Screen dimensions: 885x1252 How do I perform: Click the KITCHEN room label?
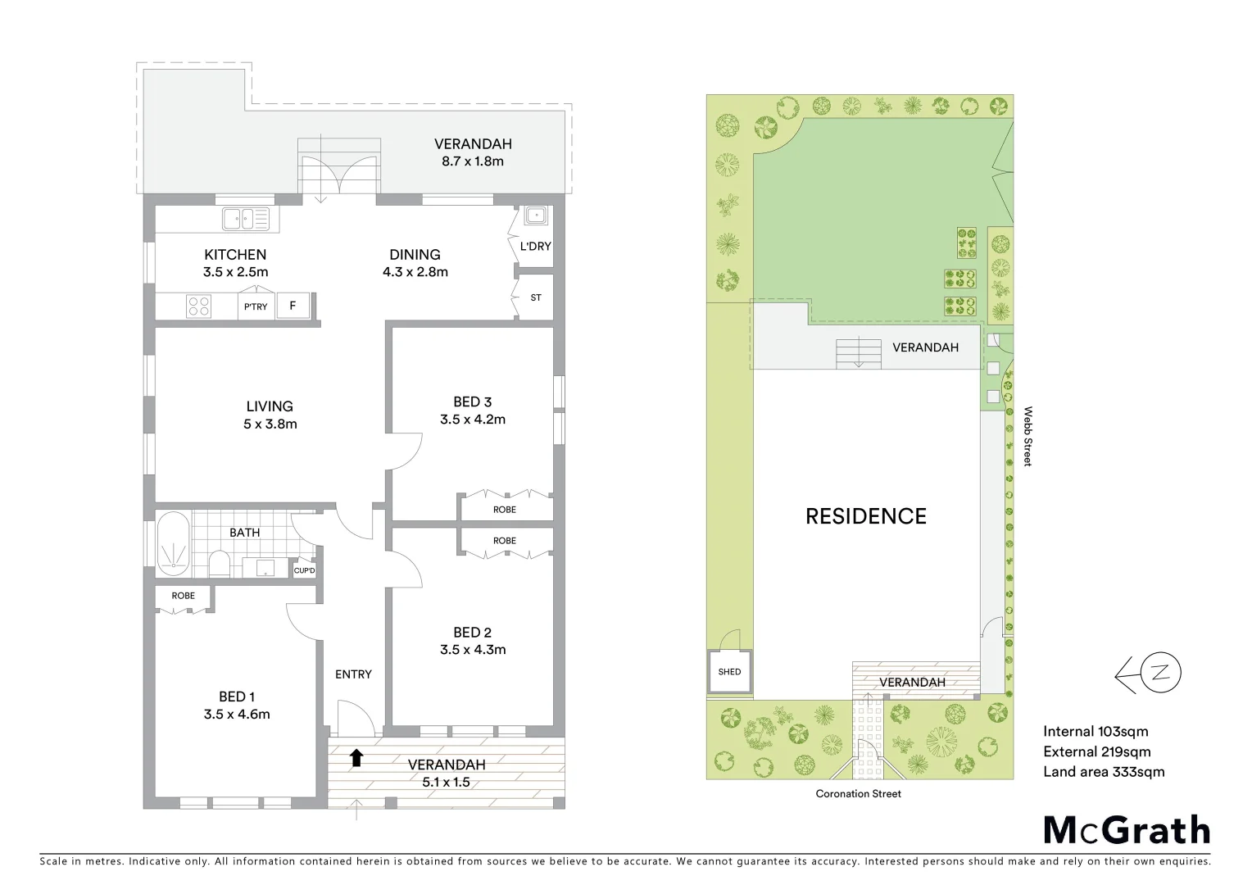(235, 255)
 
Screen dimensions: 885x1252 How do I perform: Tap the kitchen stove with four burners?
(199, 306)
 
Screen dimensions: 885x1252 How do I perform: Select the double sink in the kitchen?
(245, 219)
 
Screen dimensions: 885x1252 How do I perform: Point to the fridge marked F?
(293, 306)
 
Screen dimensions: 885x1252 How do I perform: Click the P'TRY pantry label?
(255, 306)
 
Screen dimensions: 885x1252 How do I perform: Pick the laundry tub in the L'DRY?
(535, 216)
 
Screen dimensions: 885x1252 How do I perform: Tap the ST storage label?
(536, 297)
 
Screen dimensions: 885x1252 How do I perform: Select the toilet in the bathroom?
(220, 564)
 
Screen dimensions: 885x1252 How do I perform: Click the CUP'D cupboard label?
(304, 570)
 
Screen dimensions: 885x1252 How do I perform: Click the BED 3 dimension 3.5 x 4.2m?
(472, 420)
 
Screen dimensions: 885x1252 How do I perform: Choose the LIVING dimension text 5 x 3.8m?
(270, 424)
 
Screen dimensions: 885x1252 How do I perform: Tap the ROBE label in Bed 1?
(184, 596)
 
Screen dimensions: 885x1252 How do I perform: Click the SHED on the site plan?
(729, 672)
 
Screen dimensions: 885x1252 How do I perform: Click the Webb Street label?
(1027, 436)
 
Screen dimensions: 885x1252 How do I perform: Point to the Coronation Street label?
(858, 793)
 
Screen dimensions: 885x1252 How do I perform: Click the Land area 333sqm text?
(1103, 772)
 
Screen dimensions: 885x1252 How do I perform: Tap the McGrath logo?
(1127, 830)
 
